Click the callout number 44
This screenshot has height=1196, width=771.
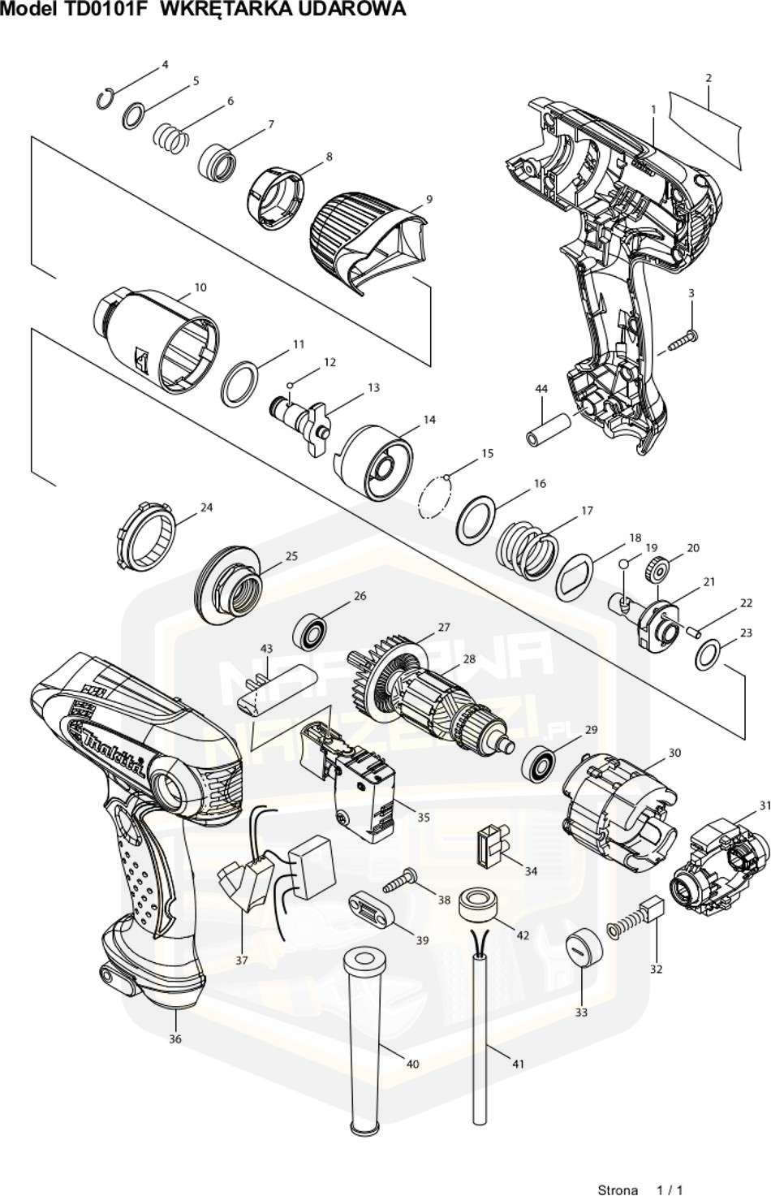(541, 389)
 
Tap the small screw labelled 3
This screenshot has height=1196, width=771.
(683, 341)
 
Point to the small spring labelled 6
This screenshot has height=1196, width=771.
(170, 135)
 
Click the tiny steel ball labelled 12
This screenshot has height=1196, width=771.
(290, 382)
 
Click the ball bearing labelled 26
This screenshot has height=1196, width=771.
(311, 633)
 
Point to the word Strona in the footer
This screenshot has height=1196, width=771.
(618, 1190)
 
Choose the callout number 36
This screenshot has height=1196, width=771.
(175, 1038)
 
